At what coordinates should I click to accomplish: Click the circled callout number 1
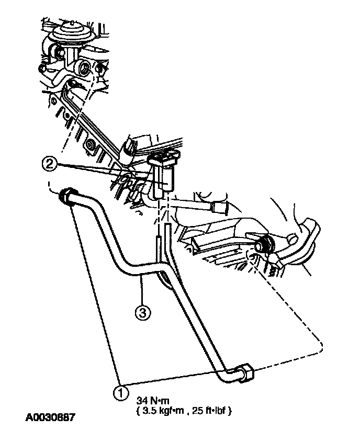pyautogui.click(x=121, y=391)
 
